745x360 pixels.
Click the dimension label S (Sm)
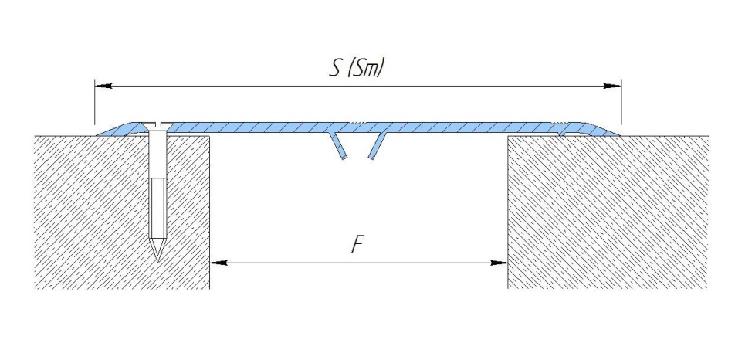tap(356, 68)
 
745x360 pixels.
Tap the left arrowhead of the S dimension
tap(103, 86)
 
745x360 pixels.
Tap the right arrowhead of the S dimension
tap(612, 86)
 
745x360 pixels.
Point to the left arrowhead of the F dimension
tap(218, 262)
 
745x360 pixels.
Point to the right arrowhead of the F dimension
tap(499, 262)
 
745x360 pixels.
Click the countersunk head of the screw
tap(157, 126)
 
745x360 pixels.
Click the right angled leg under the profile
tap(377, 145)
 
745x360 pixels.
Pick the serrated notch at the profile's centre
tap(357, 124)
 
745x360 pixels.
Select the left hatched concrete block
tap(122, 212)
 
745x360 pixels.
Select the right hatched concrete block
tap(608, 212)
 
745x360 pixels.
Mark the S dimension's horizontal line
tap(358, 86)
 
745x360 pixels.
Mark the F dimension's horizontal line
tap(359, 262)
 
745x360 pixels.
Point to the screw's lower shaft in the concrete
tap(157, 209)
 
